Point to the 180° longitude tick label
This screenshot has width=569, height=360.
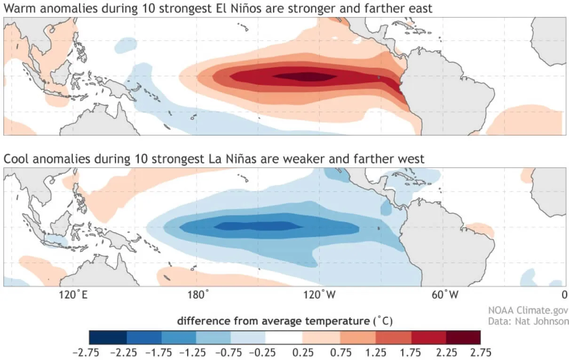198,295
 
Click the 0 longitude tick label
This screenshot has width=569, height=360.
563,295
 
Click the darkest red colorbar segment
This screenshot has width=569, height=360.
463,337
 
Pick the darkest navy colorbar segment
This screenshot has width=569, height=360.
108,337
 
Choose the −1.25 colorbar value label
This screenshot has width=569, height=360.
193,352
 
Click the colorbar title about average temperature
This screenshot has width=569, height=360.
284,321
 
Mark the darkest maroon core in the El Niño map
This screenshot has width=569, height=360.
305,76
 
